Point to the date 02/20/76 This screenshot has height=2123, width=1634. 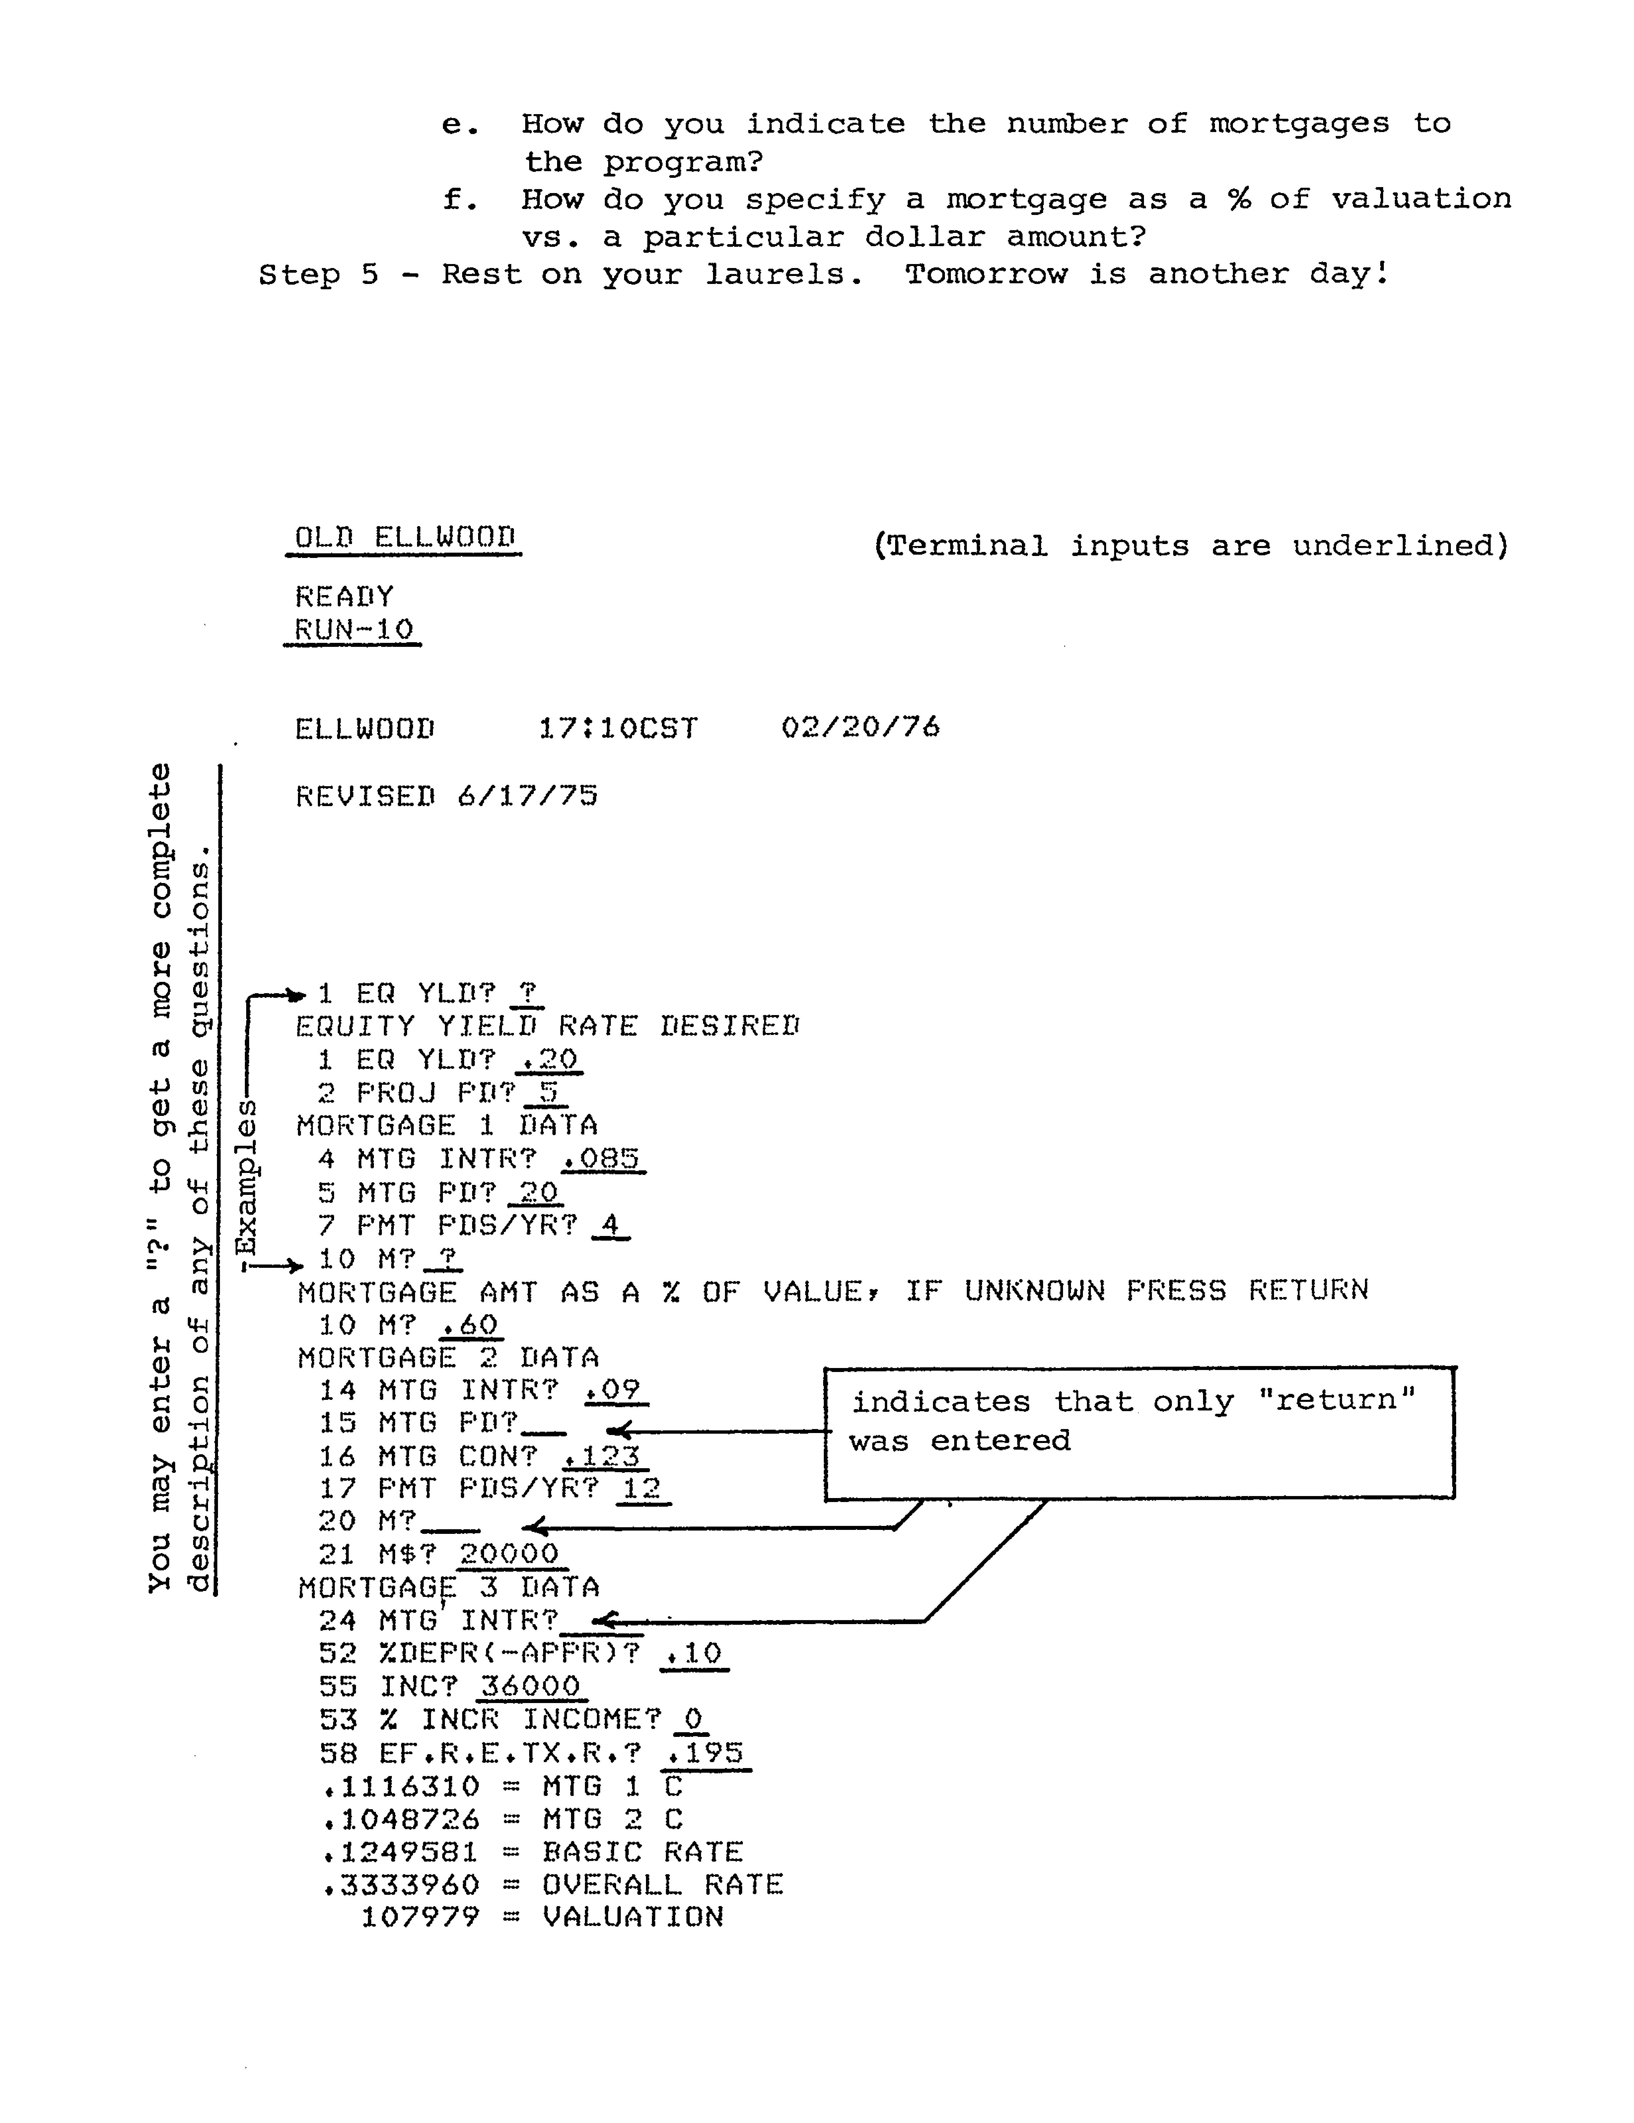point(860,727)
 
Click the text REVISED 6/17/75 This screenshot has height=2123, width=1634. point(446,796)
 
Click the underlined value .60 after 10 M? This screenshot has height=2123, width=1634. point(469,1324)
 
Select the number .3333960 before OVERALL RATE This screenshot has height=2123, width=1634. point(400,1885)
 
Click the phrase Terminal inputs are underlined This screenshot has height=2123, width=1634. point(1191,545)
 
